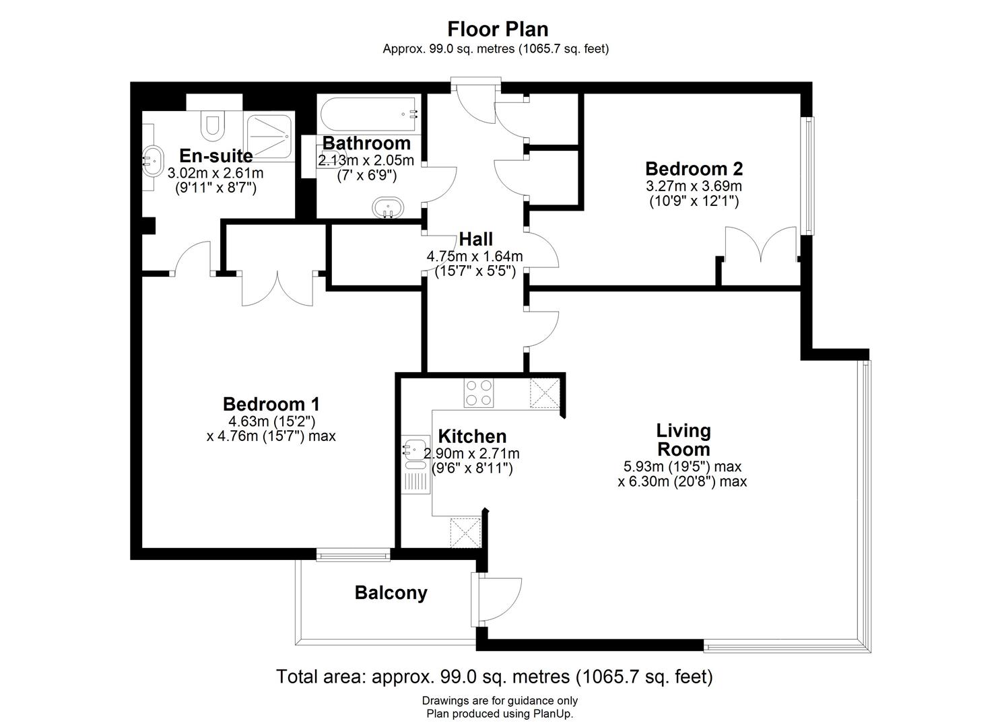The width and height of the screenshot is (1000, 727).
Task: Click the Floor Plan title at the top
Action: coord(498,29)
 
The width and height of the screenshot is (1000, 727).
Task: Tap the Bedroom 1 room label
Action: coord(271,404)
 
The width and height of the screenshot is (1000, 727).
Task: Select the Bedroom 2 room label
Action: coord(694,168)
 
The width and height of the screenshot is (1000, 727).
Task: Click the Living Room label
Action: coord(683,440)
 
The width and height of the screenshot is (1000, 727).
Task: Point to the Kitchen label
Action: coord(472,436)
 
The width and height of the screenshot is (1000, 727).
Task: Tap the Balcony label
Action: coord(391,593)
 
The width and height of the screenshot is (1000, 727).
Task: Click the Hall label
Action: coord(475,239)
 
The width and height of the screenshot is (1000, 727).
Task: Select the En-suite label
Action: coord(215,156)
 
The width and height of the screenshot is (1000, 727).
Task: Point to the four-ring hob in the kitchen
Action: coord(479,393)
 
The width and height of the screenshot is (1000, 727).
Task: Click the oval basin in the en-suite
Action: coord(152,162)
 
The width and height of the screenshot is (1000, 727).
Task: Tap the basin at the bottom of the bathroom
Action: coord(388,208)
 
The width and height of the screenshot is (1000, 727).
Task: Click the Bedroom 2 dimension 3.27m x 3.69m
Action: coord(694,186)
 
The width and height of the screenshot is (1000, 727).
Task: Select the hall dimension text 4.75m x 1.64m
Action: coord(475,256)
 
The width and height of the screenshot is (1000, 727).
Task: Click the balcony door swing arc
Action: coord(502,599)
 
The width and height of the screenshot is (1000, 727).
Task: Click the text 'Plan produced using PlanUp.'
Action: coord(500,714)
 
